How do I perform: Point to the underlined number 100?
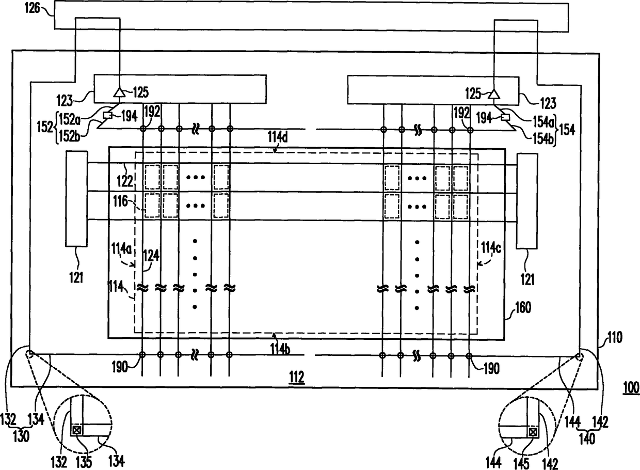tap(631, 388)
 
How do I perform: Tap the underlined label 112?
tap(297, 378)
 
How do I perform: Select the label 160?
tap(522, 308)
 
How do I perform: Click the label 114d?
tap(278, 137)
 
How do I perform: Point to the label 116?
tap(120, 201)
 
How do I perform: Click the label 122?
tap(125, 181)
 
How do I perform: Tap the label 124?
tap(151, 256)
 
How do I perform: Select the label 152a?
tap(70, 119)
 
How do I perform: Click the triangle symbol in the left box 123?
tap(119, 93)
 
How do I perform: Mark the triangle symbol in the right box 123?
tap(494, 94)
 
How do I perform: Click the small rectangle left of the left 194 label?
tap(107, 115)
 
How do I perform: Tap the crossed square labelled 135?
tap(76, 430)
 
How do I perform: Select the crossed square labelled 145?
tap(533, 432)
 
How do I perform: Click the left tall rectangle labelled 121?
tap(76, 199)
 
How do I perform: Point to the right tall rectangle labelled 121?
tap(527, 201)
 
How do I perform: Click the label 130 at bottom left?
tap(22, 436)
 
